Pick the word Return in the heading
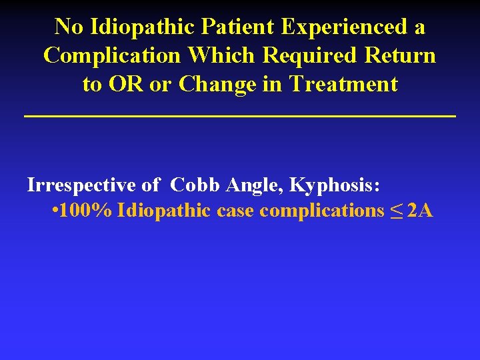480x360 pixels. point(399,56)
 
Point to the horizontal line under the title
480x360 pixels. point(240,117)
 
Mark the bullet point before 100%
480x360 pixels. point(54,211)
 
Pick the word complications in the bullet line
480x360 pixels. point(321,211)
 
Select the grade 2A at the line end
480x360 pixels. point(419,211)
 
